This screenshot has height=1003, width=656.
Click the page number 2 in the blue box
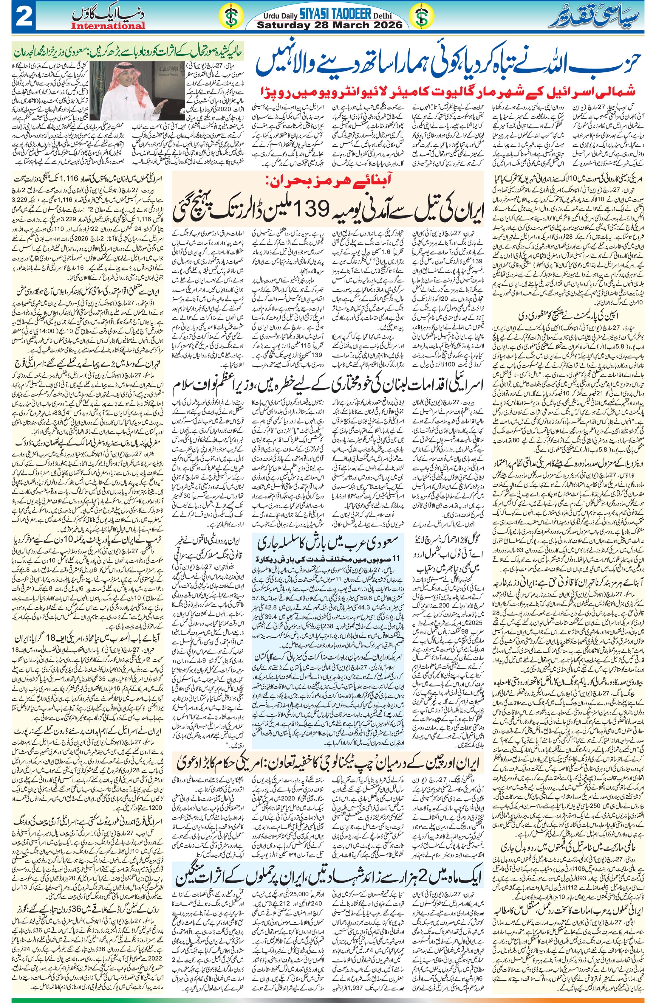(x=17, y=17)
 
